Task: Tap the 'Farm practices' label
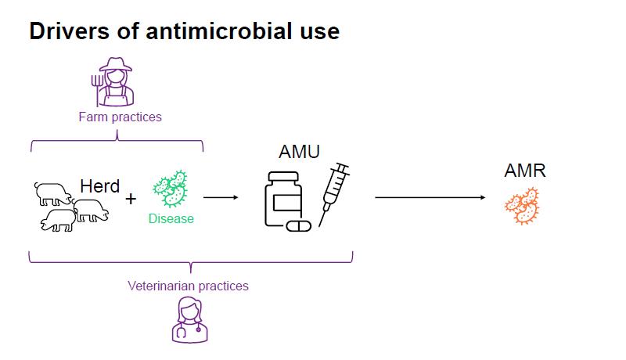pyautogui.click(x=120, y=117)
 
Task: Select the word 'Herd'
pyautogui.click(x=99, y=186)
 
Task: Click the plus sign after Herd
pyautogui.click(x=131, y=199)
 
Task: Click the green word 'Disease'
pyautogui.click(x=171, y=218)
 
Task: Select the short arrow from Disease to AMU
pyautogui.click(x=220, y=197)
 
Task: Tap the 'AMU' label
pyautogui.click(x=298, y=152)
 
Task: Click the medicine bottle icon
pyautogui.click(x=282, y=200)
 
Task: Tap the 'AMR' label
pyautogui.click(x=525, y=171)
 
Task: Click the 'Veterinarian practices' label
pyautogui.click(x=188, y=286)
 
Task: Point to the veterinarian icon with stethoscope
pyautogui.click(x=189, y=320)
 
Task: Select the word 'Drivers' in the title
pyautogui.click(x=65, y=31)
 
